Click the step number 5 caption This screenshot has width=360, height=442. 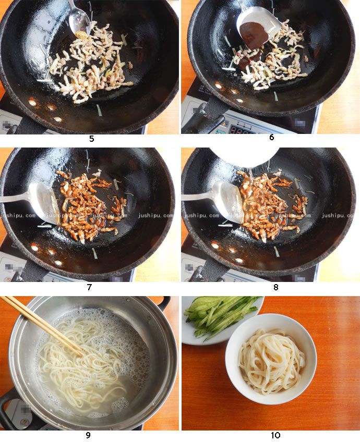click(x=91, y=139)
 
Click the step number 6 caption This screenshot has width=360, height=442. click(x=271, y=138)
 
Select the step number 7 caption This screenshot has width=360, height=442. click(x=89, y=287)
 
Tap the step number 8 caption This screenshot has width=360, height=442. click(x=275, y=287)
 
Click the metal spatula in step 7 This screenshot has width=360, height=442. click(x=42, y=200)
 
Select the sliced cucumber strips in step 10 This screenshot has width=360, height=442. click(x=219, y=315)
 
